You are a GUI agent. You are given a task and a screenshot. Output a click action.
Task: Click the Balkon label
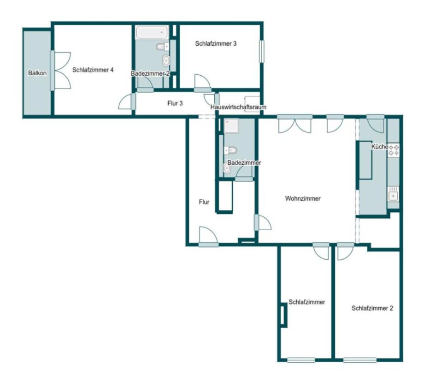point(37,73)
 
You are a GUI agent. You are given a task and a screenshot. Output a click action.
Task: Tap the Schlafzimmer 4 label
point(93,70)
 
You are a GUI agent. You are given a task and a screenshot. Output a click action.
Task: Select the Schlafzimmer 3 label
point(216,43)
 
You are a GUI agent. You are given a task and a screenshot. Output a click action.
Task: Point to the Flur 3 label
point(175,103)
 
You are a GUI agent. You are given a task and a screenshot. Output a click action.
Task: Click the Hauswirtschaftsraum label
point(238,107)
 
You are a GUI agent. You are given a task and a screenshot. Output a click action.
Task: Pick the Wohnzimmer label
point(303,198)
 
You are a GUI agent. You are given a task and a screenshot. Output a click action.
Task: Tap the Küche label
point(380,147)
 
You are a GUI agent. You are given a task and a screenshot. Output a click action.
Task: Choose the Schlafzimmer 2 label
point(372,308)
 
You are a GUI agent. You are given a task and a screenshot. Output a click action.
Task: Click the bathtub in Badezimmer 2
point(152,32)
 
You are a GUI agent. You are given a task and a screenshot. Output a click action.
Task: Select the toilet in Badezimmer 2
point(163,47)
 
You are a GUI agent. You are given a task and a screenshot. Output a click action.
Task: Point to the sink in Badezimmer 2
point(166,60)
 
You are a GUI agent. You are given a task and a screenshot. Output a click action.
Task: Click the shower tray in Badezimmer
point(231,126)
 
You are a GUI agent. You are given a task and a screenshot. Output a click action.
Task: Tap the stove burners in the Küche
point(394,150)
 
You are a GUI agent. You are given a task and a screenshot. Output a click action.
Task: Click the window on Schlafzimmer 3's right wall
point(261,51)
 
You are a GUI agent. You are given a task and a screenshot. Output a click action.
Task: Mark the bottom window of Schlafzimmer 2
point(360,360)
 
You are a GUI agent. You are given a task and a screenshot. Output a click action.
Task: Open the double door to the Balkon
point(60,71)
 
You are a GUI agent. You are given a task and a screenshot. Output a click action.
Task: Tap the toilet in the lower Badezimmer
point(230,150)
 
